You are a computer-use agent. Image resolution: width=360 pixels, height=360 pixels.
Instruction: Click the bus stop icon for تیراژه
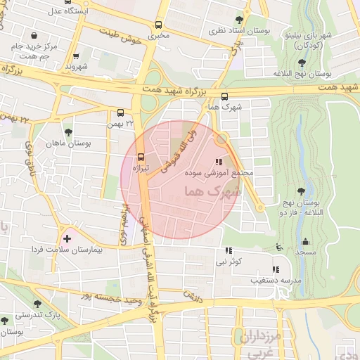click(141, 156)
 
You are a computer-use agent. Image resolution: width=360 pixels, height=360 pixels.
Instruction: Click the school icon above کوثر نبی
click(228, 250)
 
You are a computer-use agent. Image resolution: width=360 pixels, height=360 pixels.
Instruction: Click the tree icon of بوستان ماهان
click(68, 131)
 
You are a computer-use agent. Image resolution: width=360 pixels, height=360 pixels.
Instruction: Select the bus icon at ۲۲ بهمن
click(120, 112)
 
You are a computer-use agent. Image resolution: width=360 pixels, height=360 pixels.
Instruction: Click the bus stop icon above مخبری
click(157, 22)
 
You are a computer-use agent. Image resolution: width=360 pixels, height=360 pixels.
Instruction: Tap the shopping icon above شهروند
click(76, 56)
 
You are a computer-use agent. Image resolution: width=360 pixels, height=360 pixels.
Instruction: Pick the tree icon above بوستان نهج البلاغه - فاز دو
click(302, 191)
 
